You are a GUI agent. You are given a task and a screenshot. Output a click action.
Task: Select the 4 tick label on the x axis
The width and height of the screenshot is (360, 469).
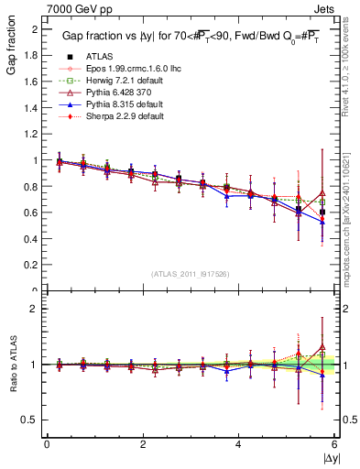238,443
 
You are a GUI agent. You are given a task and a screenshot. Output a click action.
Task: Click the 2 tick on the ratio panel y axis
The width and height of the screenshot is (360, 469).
35,309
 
